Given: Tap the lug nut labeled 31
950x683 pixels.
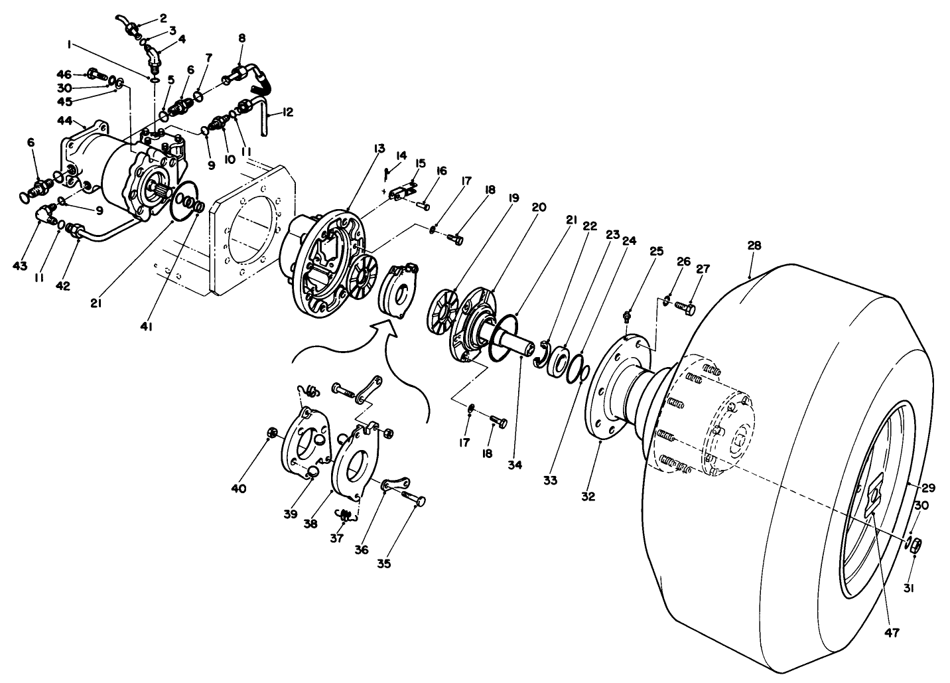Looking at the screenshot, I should (914, 546).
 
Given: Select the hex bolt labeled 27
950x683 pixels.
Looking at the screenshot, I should (685, 307).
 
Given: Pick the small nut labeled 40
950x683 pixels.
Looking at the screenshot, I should (271, 434).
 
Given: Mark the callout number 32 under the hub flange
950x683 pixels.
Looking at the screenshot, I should (588, 495).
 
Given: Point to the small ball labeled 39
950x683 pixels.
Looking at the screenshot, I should (311, 472).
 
